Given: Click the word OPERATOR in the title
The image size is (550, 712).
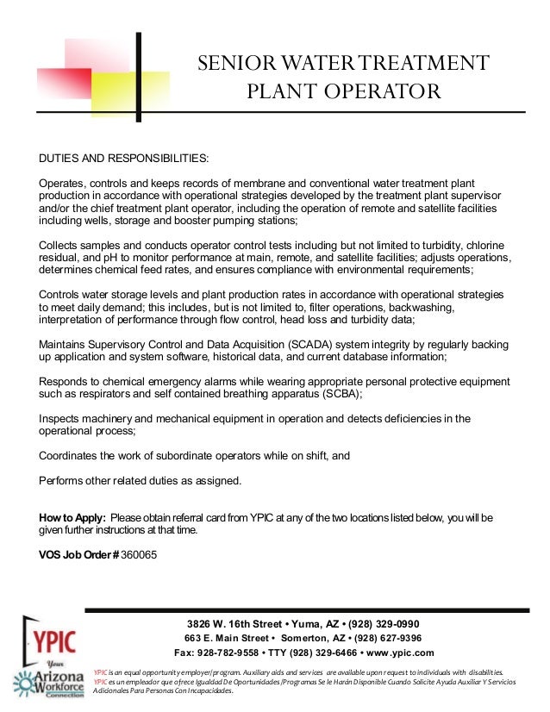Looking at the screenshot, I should (x=380, y=91).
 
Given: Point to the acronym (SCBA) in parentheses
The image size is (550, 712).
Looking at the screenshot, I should (x=339, y=393).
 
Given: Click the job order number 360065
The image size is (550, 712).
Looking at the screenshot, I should (x=140, y=555).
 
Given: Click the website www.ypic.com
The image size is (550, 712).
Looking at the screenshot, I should (x=400, y=653).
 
